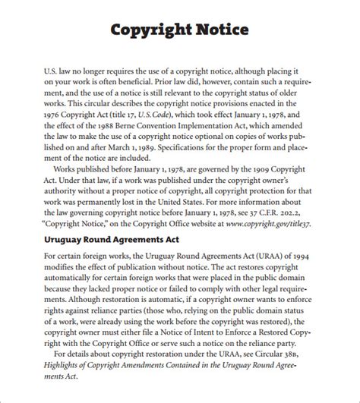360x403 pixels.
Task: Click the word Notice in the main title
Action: (x=221, y=31)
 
